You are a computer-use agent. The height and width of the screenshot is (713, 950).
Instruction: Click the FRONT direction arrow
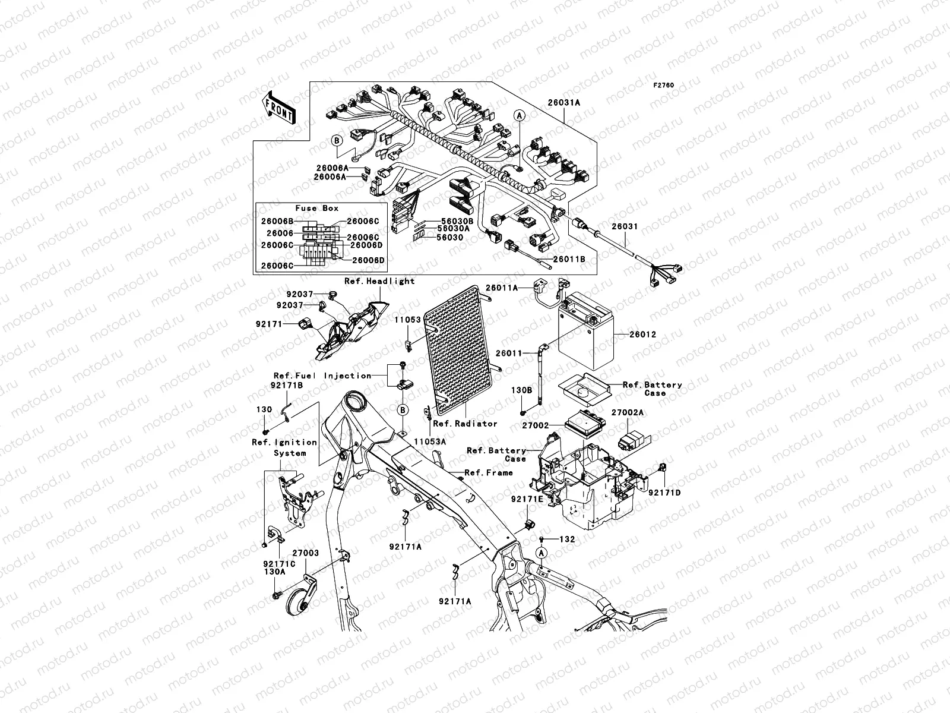[x=280, y=108]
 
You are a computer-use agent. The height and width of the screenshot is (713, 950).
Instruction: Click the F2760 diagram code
[x=664, y=86]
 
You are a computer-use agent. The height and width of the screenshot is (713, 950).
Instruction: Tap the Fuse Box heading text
[x=317, y=209]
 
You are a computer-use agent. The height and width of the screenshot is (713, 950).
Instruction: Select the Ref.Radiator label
[x=465, y=424]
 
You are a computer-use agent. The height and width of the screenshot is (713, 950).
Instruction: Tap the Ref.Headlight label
[x=380, y=281]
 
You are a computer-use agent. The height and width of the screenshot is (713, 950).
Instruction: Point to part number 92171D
[x=664, y=493]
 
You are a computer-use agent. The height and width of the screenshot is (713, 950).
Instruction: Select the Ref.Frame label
[x=489, y=473]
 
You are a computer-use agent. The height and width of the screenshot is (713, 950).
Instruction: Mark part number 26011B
[x=569, y=260]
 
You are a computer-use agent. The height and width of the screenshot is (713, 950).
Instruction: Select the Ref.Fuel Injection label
[x=322, y=376]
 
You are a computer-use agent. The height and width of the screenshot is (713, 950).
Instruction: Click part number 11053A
[x=430, y=441]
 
